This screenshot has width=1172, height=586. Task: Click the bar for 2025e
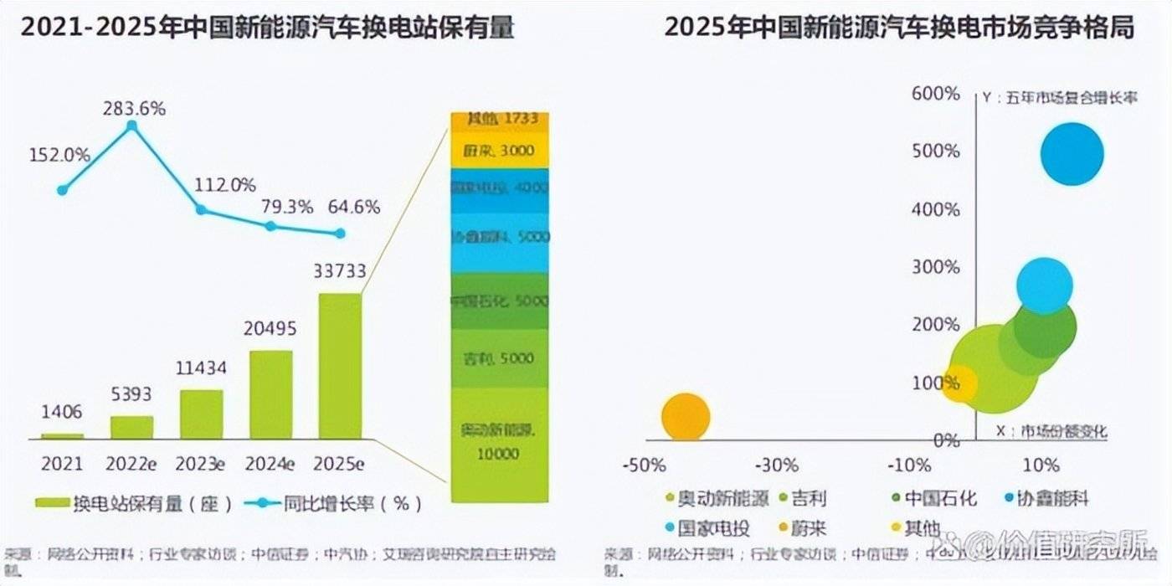point(340,366)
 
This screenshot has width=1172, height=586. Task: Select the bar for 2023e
point(202,414)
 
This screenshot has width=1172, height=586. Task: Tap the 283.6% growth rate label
point(134,109)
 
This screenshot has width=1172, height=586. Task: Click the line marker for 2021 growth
point(62,190)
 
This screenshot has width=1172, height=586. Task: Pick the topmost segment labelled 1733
point(501,120)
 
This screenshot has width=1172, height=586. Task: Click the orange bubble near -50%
point(686,417)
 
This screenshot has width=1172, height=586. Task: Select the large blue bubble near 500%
point(1072,154)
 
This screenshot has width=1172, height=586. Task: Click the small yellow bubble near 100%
point(959,384)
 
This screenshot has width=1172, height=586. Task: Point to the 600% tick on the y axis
point(936,93)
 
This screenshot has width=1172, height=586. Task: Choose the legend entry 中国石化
point(934,500)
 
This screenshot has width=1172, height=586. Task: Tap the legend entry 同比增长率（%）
point(334,503)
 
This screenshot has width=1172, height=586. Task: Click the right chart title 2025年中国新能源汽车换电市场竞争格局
point(899,28)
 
